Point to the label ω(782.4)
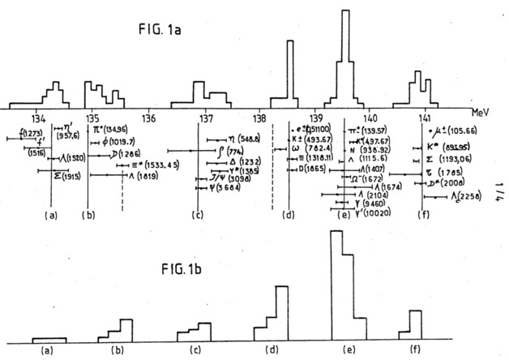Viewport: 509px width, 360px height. (x=315, y=148)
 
